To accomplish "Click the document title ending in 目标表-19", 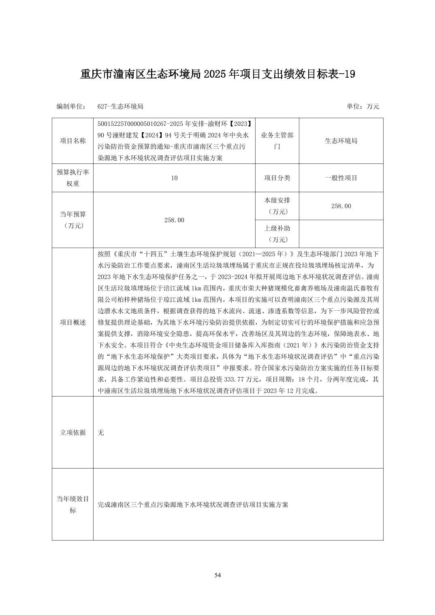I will (x=217, y=74).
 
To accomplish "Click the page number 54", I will (x=217, y=575).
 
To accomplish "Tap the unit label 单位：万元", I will (x=362, y=106).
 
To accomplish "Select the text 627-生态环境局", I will (x=120, y=106).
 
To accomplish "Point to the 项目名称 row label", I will (x=73, y=141).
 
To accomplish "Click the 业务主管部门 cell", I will (x=277, y=141).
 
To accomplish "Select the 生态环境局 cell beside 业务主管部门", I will (x=341, y=141).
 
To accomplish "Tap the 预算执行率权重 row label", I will (x=73, y=178).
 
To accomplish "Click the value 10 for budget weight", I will (x=174, y=178).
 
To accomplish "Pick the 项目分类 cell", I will (x=277, y=178).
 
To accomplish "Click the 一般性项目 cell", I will (x=341, y=178).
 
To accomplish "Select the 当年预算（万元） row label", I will (x=73, y=220).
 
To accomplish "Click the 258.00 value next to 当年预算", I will (x=174, y=220).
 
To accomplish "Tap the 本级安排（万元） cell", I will (x=277, y=206).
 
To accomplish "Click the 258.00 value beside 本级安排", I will (x=341, y=206).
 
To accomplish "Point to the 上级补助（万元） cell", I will (x=277, y=234).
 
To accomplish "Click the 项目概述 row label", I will (x=73, y=322).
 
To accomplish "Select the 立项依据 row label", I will (x=73, y=433).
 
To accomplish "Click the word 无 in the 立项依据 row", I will (x=101, y=433).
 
